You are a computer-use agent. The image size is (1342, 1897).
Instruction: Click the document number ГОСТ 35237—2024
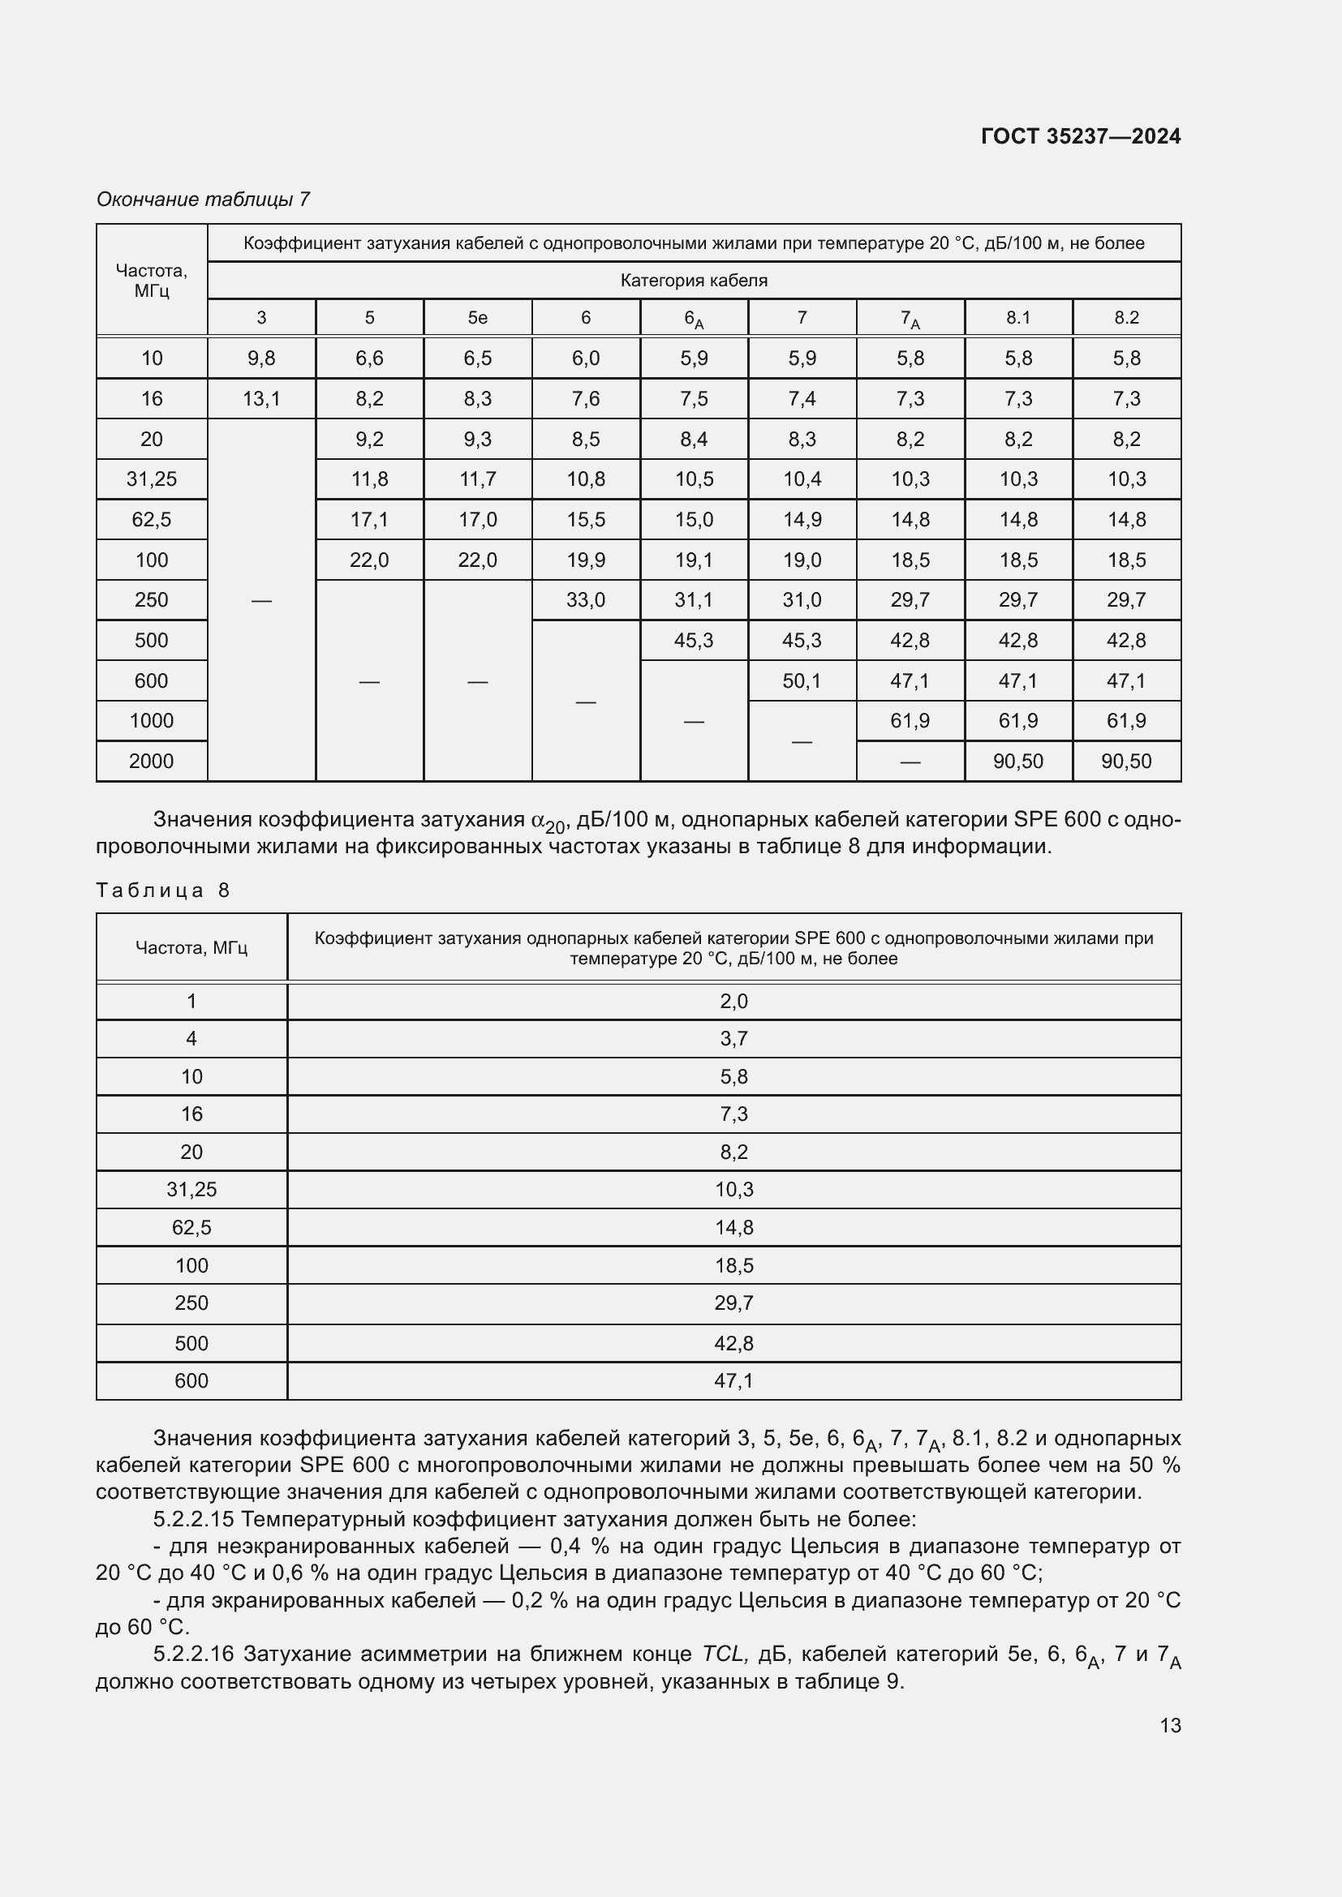[x=1080, y=136]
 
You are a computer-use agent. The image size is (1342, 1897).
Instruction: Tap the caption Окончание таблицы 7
[x=204, y=200]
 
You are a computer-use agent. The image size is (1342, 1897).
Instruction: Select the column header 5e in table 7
[x=478, y=317]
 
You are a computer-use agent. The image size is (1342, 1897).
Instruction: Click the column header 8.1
[x=1018, y=317]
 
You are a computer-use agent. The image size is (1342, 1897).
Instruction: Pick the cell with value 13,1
[x=261, y=399]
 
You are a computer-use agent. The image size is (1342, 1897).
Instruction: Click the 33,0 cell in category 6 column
[x=586, y=600]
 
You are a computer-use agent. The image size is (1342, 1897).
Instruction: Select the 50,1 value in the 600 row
[x=802, y=680]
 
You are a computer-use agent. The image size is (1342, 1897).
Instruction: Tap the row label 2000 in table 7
[x=151, y=761]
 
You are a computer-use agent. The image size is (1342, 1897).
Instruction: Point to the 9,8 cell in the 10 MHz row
[x=261, y=358]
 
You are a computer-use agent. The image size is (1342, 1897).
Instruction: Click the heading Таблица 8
[x=163, y=890]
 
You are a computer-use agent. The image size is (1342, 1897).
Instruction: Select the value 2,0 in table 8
[x=733, y=1002]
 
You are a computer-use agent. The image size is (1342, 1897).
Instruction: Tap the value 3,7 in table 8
[x=733, y=1039]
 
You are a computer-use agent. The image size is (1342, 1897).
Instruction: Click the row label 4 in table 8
[x=191, y=1039]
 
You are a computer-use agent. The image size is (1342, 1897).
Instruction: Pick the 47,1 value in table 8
[x=733, y=1380]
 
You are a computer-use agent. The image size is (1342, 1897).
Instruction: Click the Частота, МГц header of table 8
[x=191, y=947]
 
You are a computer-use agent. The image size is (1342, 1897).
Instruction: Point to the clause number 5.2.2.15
[x=194, y=1518]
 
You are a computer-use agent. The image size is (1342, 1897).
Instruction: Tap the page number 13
[x=1170, y=1725]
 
